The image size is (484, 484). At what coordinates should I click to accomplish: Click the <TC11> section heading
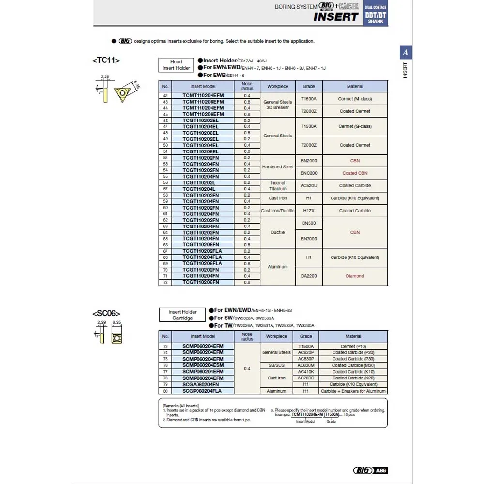(x=106, y=60)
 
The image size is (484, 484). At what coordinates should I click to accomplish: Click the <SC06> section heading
(x=106, y=313)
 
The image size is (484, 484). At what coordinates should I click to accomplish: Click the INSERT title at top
(x=335, y=16)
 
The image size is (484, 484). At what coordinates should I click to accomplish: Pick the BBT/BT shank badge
(x=376, y=15)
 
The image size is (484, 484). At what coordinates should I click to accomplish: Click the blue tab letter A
(x=406, y=53)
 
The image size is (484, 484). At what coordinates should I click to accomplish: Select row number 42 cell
(x=165, y=96)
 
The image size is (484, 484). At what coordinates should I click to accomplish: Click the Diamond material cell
(x=355, y=276)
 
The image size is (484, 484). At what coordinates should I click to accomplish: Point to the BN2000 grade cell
(x=309, y=161)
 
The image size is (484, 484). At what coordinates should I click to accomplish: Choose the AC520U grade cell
(x=309, y=186)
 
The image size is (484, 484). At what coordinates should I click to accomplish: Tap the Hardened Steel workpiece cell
(x=278, y=167)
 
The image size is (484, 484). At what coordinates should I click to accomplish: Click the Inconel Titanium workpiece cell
(x=278, y=186)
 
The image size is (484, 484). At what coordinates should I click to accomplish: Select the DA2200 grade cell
(x=309, y=276)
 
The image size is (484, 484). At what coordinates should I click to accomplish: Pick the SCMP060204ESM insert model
(x=203, y=365)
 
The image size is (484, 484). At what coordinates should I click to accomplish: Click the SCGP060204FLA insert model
(x=203, y=391)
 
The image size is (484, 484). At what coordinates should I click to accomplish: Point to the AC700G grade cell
(x=306, y=378)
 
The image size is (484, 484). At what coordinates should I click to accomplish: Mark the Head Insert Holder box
(x=176, y=65)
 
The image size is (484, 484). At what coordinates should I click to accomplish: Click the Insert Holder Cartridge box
(x=182, y=315)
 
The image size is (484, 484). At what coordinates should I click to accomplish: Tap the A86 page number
(x=380, y=470)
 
